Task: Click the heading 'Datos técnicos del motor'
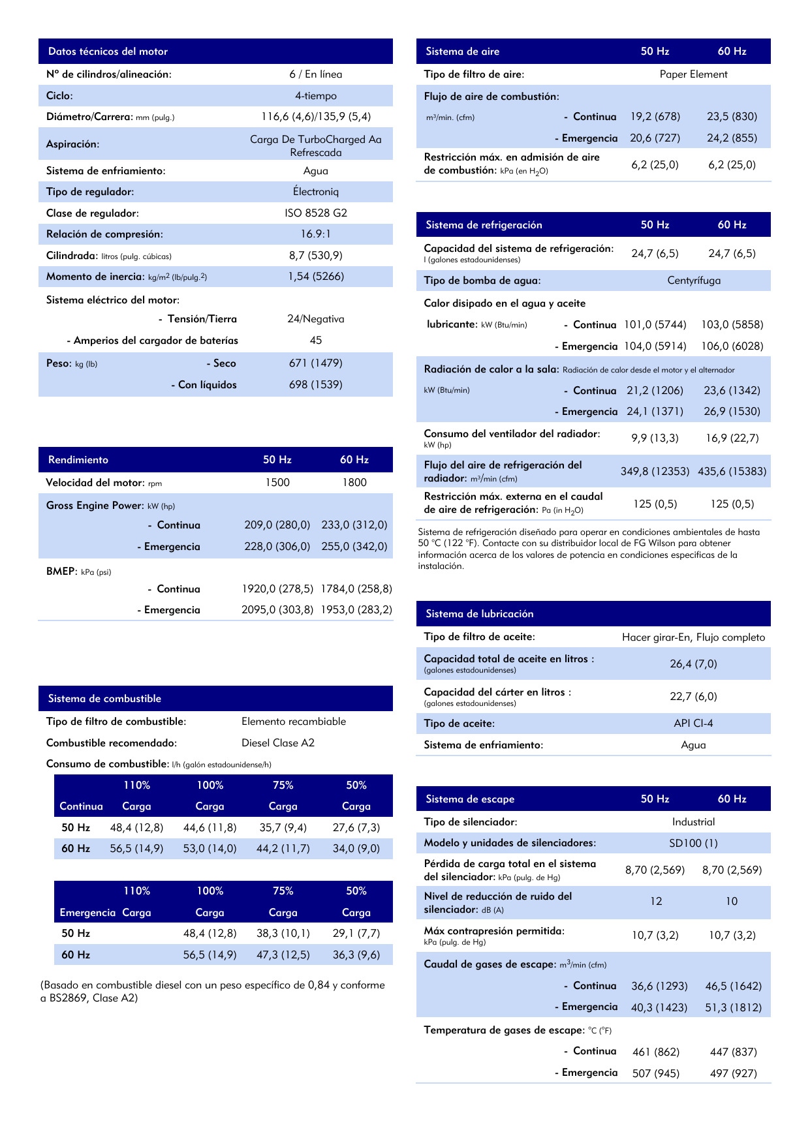click(x=108, y=52)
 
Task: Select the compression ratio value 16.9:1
click(x=316, y=234)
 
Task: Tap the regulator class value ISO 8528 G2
click(x=316, y=213)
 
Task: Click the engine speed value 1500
click(x=277, y=483)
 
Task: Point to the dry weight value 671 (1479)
click(x=316, y=363)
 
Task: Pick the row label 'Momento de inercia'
click(x=95, y=277)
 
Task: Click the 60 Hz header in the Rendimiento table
click(x=354, y=460)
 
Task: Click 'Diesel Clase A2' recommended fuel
click(x=278, y=743)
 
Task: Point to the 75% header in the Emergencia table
click(x=283, y=891)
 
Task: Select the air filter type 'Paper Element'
click(x=693, y=74)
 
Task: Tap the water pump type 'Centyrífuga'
click(x=694, y=281)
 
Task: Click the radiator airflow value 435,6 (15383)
click(x=732, y=471)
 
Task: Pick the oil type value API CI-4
click(x=693, y=724)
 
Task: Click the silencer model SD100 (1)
click(x=693, y=843)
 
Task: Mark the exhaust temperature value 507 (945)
click(x=656, y=1073)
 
